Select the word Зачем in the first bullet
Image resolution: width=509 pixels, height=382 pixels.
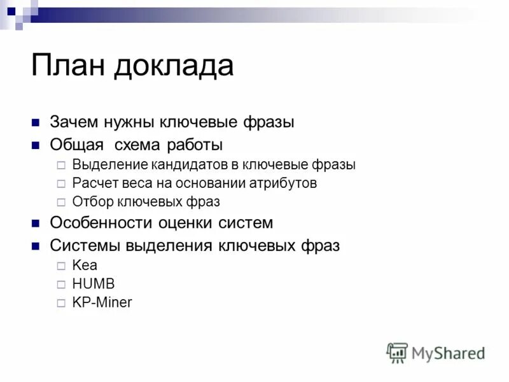pos(74,122)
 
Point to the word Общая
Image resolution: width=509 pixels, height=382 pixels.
pos(75,145)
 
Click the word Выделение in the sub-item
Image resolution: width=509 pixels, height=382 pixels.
pos(109,164)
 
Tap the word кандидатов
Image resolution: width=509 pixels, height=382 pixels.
pos(189,164)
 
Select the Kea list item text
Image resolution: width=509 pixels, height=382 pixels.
pos(85,265)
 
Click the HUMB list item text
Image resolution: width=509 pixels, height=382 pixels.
pos(94,284)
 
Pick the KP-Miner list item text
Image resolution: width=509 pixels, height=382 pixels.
pos(102,302)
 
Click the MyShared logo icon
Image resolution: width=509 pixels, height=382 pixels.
pos(397,352)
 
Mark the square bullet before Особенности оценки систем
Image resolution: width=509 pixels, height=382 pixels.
pos(36,223)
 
